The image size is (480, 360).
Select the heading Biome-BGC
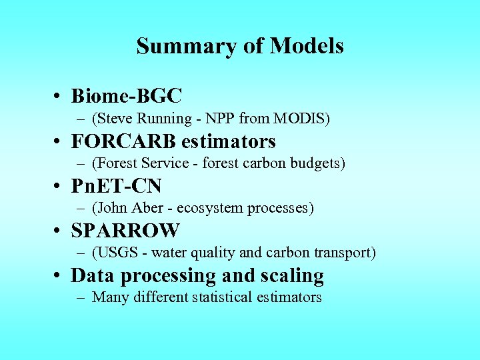pyautogui.click(x=126, y=97)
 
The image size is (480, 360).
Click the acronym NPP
pyautogui.click(x=221, y=119)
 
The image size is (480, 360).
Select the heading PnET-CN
pyautogui.click(x=116, y=186)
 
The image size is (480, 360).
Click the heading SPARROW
pyautogui.click(x=125, y=231)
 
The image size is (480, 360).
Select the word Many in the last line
pyautogui.click(x=111, y=297)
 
